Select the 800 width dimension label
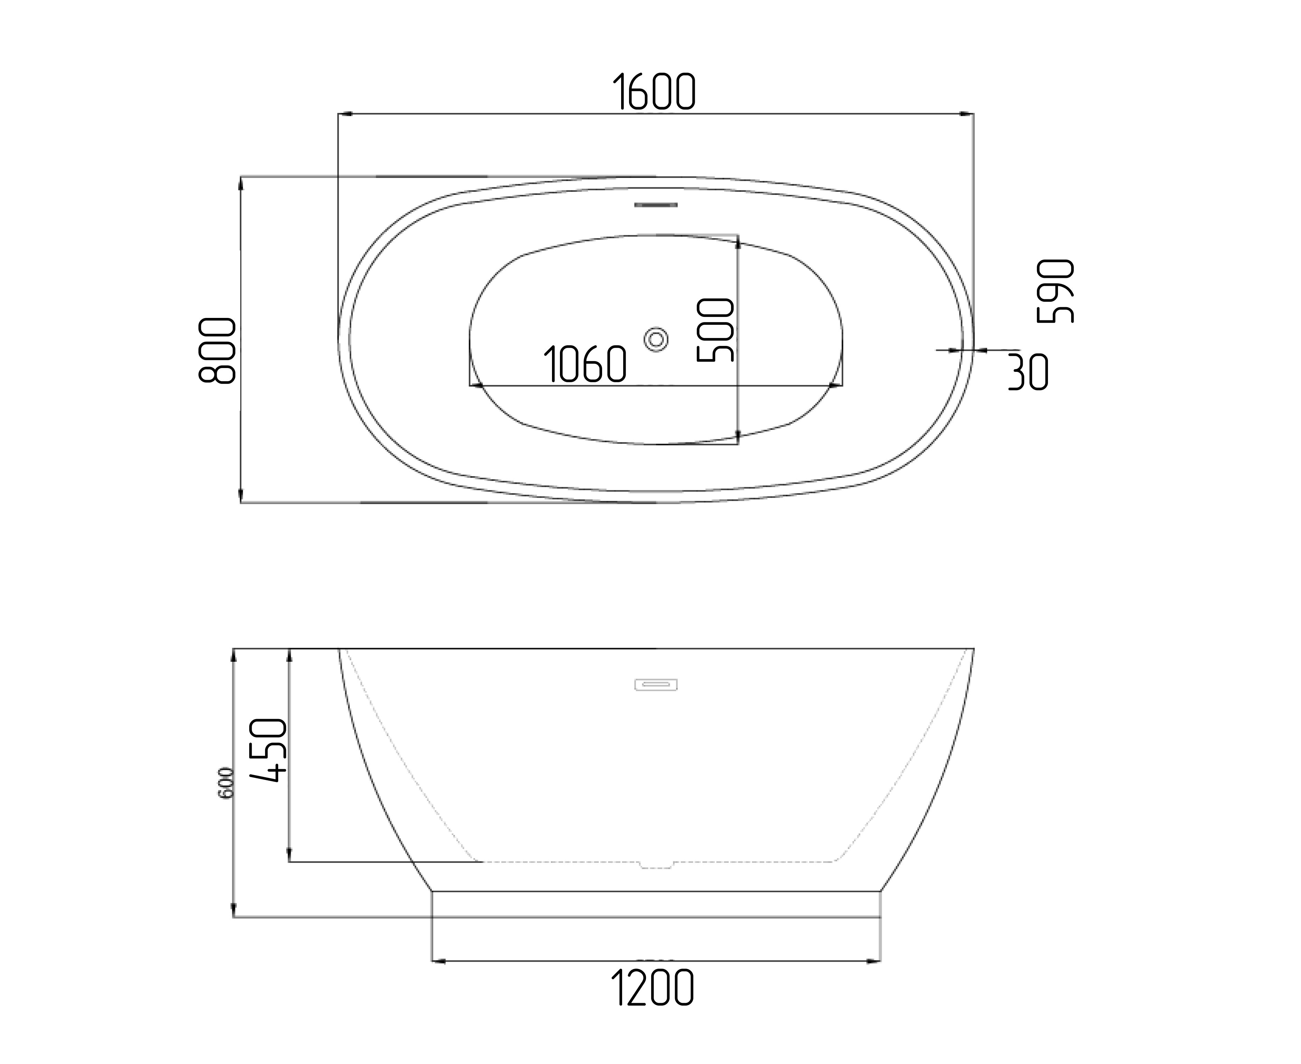[x=218, y=351]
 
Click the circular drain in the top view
[x=656, y=339]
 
